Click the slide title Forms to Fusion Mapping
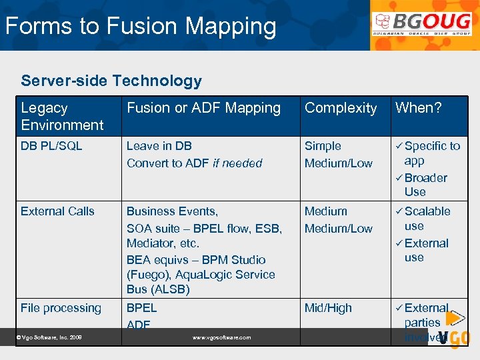141,27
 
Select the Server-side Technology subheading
111,81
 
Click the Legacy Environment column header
62,116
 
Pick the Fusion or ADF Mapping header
203,108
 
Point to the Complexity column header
341,108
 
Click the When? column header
418,108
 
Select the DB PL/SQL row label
51,146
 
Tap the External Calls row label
57,211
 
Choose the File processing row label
61,308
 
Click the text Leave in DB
159,146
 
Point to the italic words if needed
237,163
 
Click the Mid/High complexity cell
327,308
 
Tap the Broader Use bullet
425,185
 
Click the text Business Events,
172,211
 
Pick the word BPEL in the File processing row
141,308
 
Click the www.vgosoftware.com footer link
221,338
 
